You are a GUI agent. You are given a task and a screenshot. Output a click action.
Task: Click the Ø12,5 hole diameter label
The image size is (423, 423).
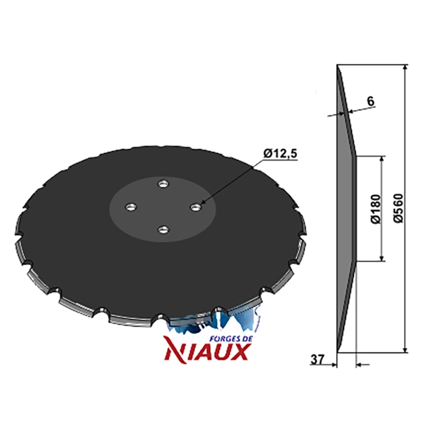(x=280, y=153)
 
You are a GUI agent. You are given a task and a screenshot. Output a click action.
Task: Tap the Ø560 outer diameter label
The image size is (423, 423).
(x=398, y=208)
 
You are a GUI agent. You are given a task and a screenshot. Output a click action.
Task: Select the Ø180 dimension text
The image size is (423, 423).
(x=375, y=209)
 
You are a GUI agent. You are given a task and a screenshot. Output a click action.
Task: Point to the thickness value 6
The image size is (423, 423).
(x=371, y=101)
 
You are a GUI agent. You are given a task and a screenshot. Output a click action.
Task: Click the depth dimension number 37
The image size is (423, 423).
(x=318, y=360)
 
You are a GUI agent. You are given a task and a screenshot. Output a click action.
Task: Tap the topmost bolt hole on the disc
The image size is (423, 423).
(x=163, y=184)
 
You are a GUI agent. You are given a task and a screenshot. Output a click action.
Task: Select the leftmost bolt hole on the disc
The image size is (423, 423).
(x=131, y=207)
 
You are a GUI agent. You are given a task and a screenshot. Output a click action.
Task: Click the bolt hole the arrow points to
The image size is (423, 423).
(x=196, y=207)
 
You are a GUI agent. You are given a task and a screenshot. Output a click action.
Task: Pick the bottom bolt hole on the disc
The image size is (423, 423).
(x=163, y=230)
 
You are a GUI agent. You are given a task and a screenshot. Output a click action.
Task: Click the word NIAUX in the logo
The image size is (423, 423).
(x=206, y=352)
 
